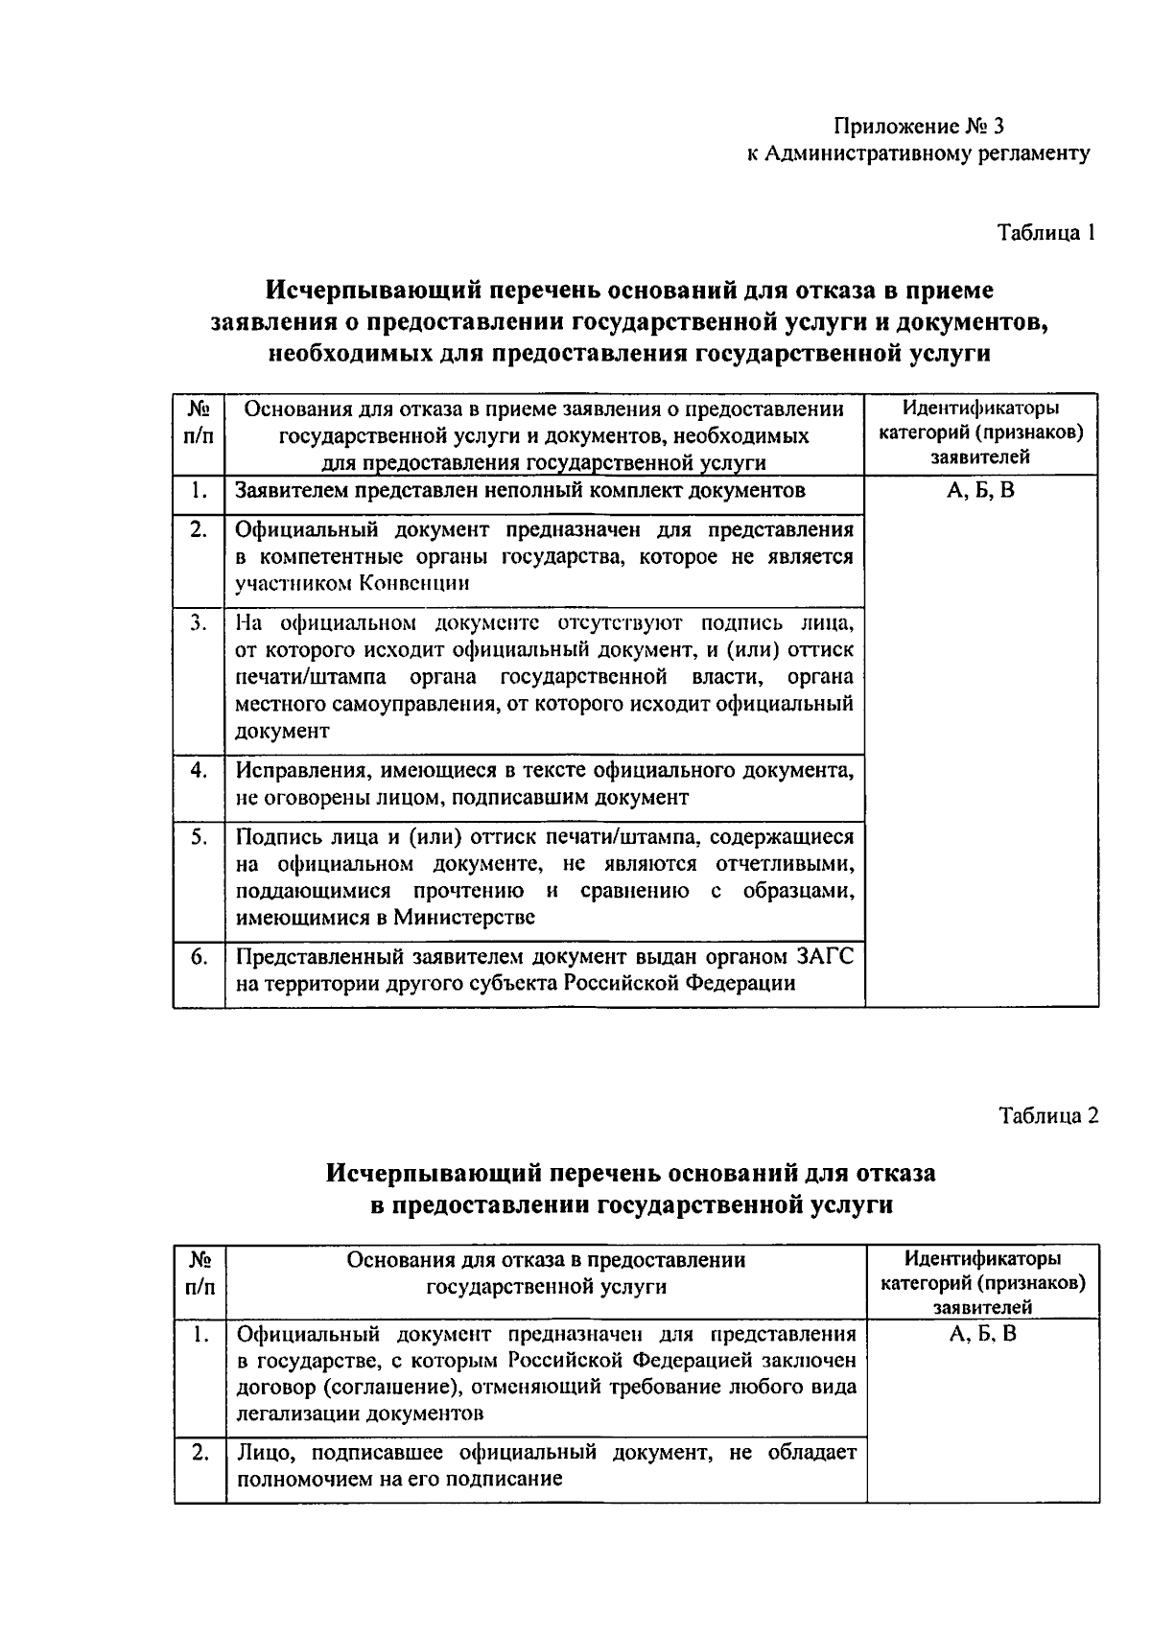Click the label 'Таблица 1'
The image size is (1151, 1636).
[x=1045, y=233]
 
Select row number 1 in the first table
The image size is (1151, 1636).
[x=199, y=491]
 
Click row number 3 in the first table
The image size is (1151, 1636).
[x=199, y=623]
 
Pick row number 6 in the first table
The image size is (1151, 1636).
[x=199, y=956]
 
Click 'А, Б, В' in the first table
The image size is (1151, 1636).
[x=980, y=491]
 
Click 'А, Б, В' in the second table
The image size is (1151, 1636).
[x=982, y=1334]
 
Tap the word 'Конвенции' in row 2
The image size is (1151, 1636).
[x=414, y=583]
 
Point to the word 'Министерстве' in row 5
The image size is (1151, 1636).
[x=468, y=917]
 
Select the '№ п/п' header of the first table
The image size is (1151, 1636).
[x=199, y=423]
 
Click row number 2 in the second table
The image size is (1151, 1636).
[x=200, y=1453]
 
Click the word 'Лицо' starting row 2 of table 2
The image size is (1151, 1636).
[x=261, y=1453]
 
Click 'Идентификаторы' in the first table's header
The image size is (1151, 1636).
[x=980, y=409]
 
